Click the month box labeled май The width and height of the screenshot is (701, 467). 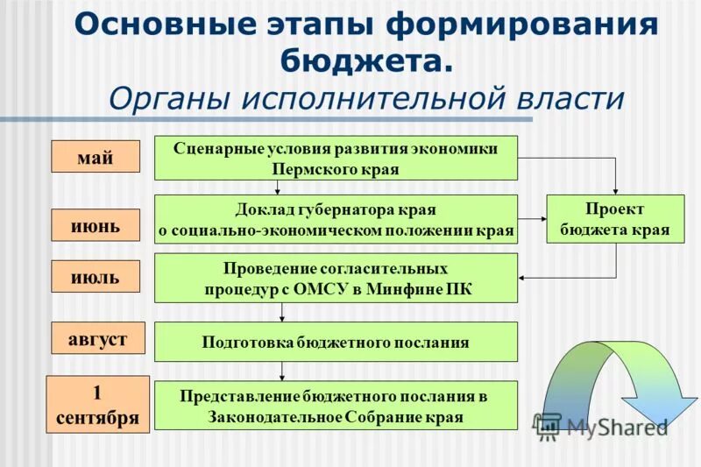click(95, 156)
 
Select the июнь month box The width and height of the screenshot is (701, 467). click(95, 226)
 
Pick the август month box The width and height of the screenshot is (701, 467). click(98, 337)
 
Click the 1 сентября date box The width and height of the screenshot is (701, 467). click(97, 404)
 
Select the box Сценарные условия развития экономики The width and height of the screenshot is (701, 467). click(336, 158)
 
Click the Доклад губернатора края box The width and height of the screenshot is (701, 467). click(336, 219)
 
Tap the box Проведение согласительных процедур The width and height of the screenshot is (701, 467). click(336, 279)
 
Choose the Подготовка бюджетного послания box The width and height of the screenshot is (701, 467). click(336, 342)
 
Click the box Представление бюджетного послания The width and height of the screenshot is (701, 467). click(336, 406)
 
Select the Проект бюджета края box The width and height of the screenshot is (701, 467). click(614, 219)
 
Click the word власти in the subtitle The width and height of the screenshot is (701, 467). click(570, 98)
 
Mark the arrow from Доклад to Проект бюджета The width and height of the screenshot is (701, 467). click(532, 219)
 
